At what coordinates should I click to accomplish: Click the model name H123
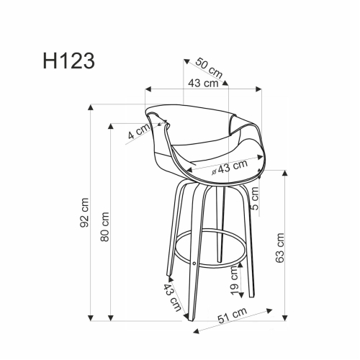(69, 61)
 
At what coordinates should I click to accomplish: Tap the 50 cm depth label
(209, 68)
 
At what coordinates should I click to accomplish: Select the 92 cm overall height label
(84, 212)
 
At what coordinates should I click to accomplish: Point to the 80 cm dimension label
(104, 227)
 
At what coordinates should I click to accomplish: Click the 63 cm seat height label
(279, 248)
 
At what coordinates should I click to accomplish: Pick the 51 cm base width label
(232, 315)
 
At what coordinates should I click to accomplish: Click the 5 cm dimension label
(255, 199)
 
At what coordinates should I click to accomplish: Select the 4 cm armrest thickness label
(139, 132)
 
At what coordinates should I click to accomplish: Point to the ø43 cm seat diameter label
(230, 167)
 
